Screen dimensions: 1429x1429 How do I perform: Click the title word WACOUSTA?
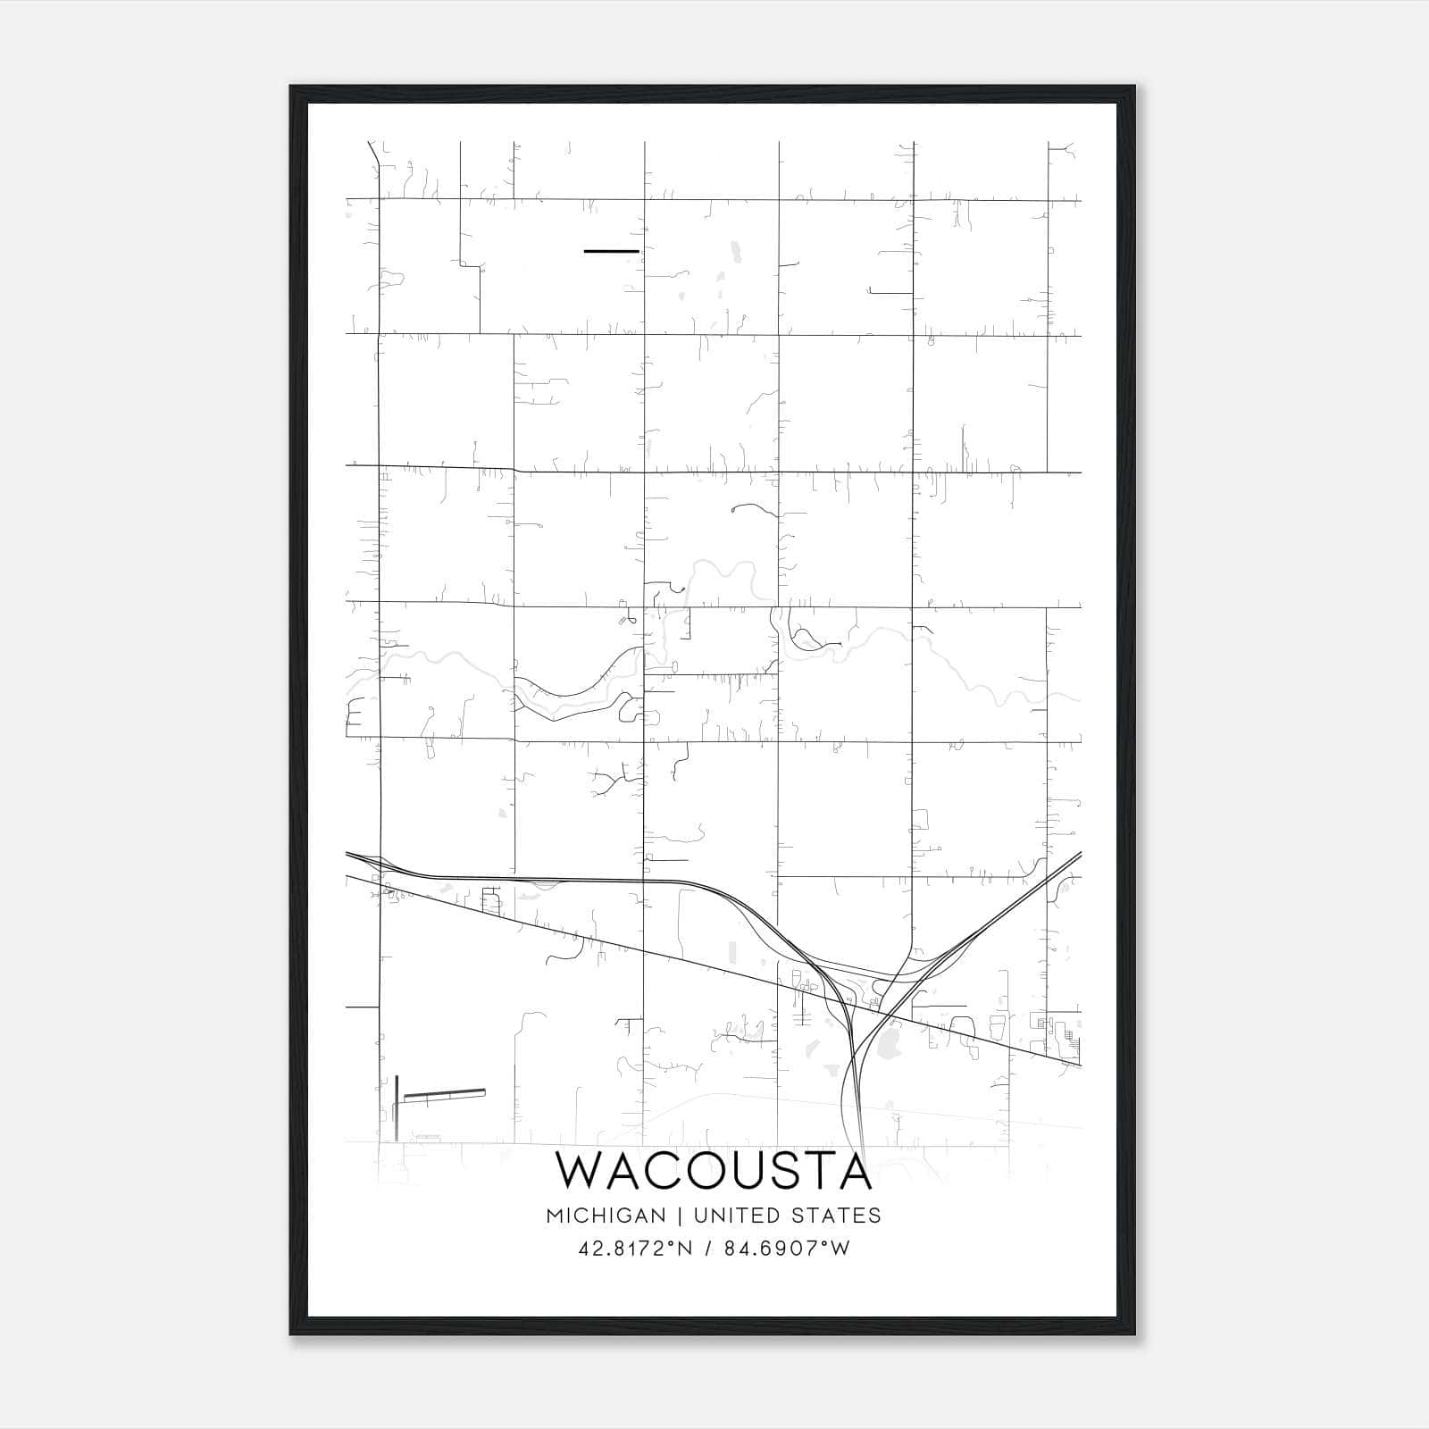tap(714, 1171)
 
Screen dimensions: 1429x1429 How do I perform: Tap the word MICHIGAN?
tap(606, 1216)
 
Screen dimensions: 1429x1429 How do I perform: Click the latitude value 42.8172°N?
tap(636, 1249)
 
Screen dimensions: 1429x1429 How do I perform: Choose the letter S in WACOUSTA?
tap(785, 1171)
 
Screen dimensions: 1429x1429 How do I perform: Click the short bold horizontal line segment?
tap(611, 251)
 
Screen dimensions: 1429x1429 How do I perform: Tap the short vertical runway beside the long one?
tap(396, 1107)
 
